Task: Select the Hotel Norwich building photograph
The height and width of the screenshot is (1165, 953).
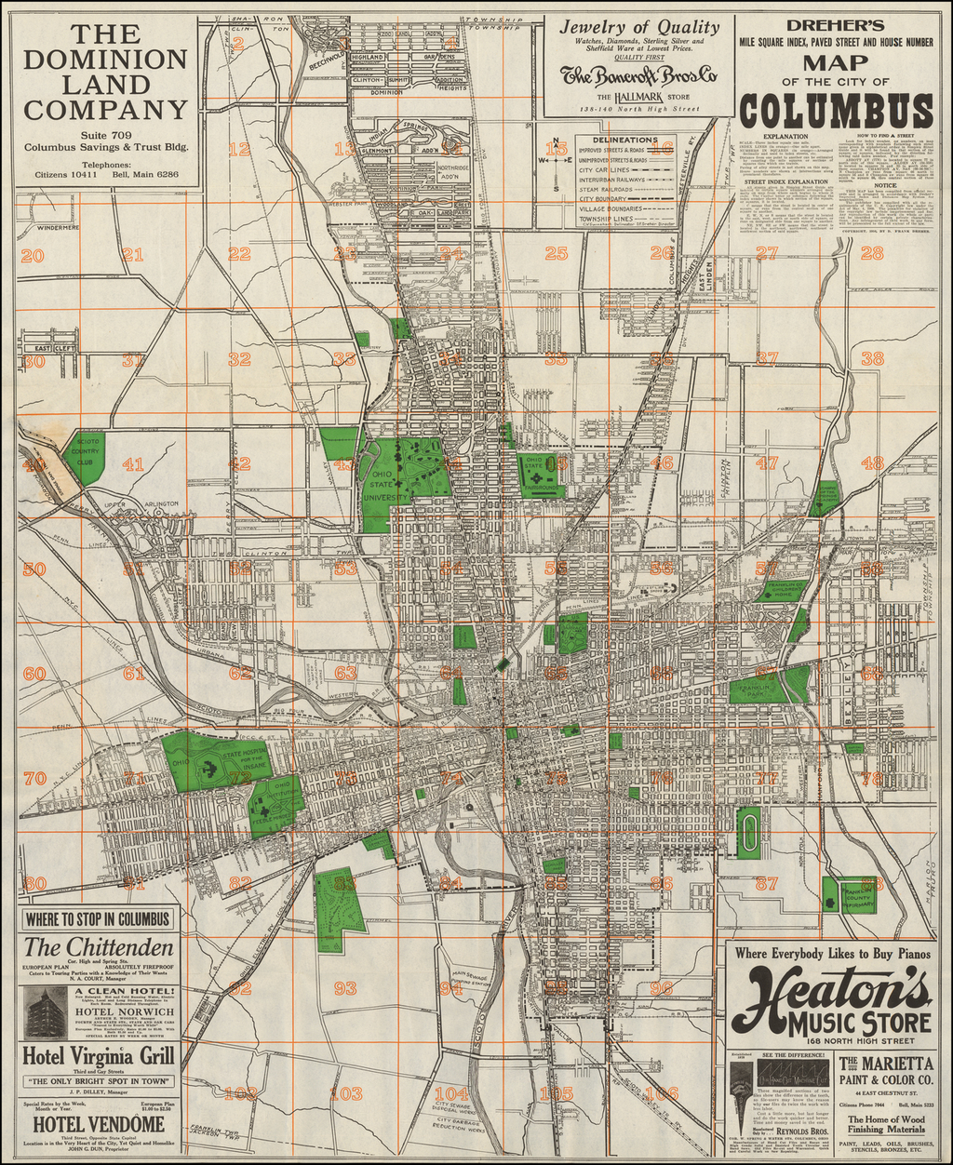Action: (46, 1012)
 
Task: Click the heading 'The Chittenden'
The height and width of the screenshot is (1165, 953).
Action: (99, 947)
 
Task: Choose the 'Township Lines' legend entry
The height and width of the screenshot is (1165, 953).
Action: (606, 218)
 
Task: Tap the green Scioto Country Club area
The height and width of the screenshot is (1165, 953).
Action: (84, 456)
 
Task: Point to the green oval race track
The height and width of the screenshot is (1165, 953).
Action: (747, 832)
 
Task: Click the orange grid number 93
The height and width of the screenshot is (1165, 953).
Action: (345, 987)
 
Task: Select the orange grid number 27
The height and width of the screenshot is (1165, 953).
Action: (766, 253)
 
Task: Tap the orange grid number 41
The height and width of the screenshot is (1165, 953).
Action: (133, 463)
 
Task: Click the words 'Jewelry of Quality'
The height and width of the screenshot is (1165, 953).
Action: (638, 27)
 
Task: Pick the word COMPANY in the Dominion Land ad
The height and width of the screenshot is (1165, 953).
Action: (105, 110)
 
